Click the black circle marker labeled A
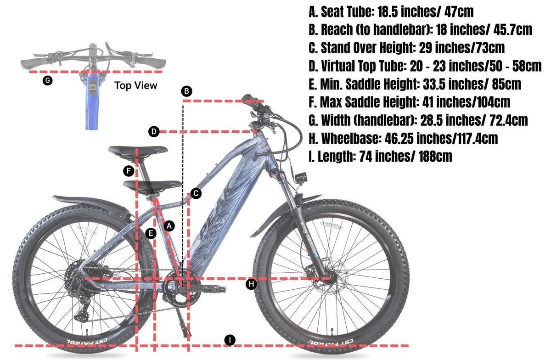[x=169, y=226]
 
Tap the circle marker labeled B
[x=186, y=91]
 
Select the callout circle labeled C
[x=196, y=194]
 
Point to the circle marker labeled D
[x=154, y=132]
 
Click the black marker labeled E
[x=151, y=233]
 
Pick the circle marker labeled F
[x=129, y=171]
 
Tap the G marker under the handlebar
[x=47, y=80]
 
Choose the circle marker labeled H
[x=251, y=284]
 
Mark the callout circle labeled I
[x=230, y=340]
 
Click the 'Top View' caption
[x=135, y=85]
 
